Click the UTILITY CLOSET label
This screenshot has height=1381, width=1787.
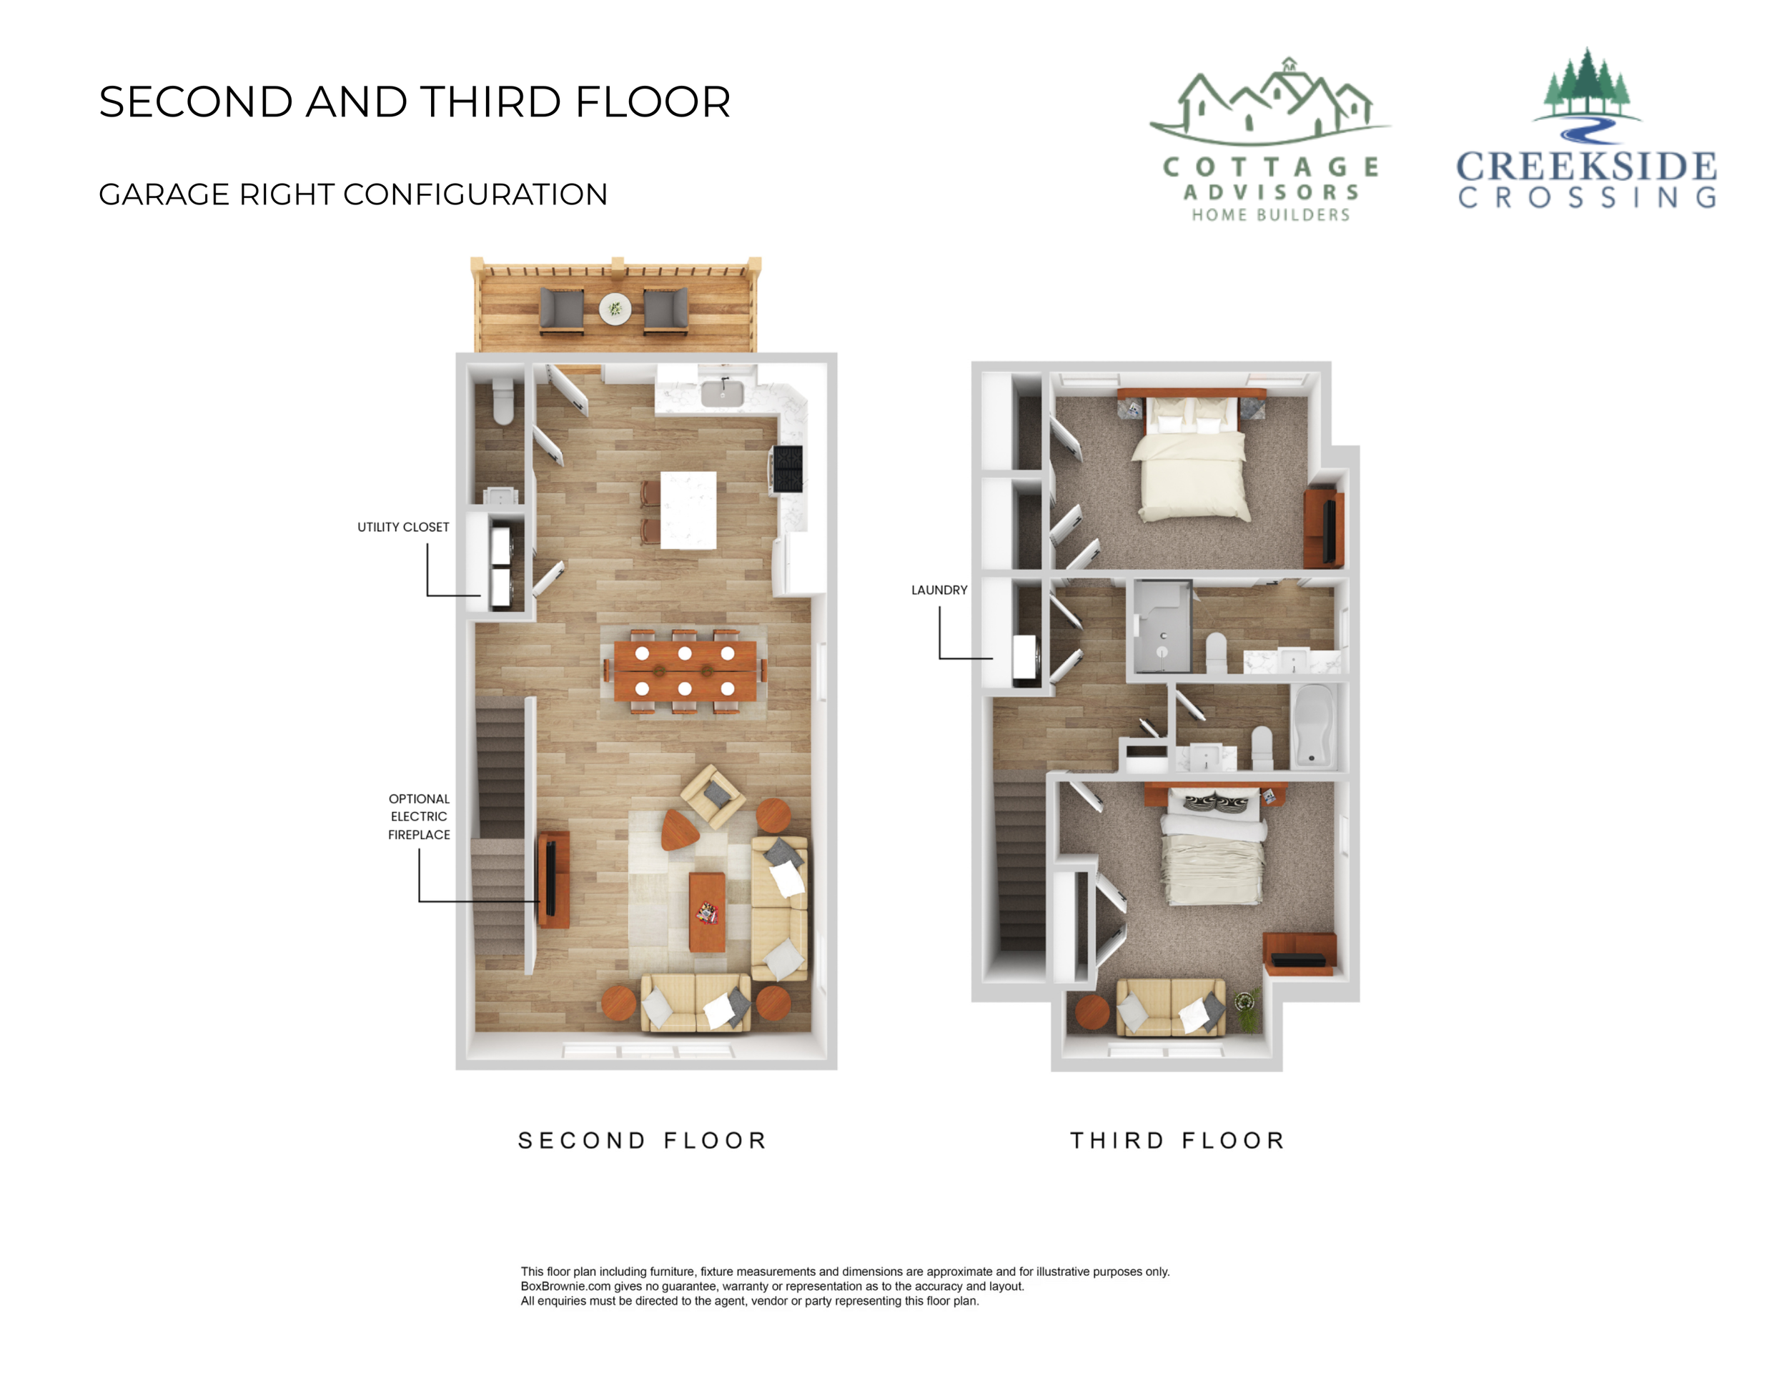[402, 527]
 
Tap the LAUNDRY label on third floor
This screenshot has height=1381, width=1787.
[939, 590]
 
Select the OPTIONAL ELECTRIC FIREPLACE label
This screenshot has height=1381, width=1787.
[419, 816]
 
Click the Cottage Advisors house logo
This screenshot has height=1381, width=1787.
[1270, 102]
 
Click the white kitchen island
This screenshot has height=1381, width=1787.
[688, 510]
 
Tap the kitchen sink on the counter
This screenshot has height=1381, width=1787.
[722, 394]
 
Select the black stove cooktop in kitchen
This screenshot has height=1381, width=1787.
[788, 468]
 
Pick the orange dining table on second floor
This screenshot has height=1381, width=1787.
[685, 671]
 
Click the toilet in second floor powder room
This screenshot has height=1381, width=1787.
[503, 401]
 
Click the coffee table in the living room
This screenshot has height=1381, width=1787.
[707, 911]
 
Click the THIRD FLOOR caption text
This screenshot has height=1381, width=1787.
[1178, 1141]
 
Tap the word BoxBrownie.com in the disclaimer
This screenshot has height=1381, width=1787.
[565, 1286]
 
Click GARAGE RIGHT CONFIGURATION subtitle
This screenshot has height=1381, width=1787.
[352, 194]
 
